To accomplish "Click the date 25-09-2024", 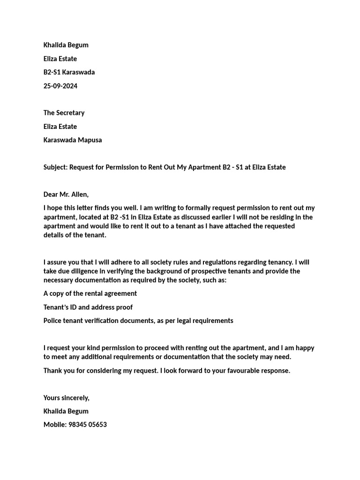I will pyautogui.click(x=60, y=86).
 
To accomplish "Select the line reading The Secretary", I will pyautogui.click(x=64, y=112).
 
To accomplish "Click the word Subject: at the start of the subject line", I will pyautogui.click(x=56, y=167).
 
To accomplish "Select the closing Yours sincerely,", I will pyautogui.click(x=66, y=397).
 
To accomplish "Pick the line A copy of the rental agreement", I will pyautogui.click(x=90, y=293).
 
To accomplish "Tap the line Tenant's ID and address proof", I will pyautogui.click(x=88, y=307).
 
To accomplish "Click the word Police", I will pyautogui.click(x=53, y=321).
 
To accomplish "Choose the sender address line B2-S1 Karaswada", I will pyautogui.click(x=69, y=72).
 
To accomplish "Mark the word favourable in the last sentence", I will pyautogui.click(x=237, y=370).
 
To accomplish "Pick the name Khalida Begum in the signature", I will pyautogui.click(x=66, y=411).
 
